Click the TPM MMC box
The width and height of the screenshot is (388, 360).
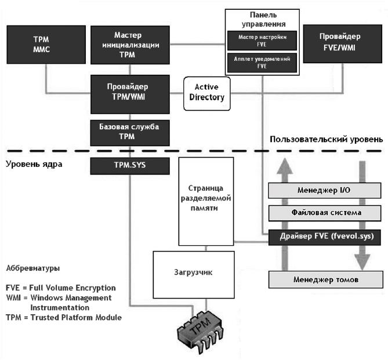click(46, 45)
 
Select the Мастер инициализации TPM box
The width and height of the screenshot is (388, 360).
click(130, 45)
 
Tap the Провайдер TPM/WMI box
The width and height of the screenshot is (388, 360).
click(130, 94)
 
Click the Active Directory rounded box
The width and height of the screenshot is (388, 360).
click(207, 93)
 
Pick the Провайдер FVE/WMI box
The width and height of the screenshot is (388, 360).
click(343, 44)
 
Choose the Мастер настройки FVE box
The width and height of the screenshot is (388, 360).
click(262, 41)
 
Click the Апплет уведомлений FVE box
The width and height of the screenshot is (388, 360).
click(262, 63)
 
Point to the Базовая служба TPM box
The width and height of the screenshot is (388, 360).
click(130, 133)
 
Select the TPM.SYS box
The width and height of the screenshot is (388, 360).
click(130, 166)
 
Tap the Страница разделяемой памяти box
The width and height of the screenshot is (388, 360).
click(206, 201)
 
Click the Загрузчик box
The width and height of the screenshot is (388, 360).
click(194, 275)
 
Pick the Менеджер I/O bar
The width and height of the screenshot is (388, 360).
click(325, 190)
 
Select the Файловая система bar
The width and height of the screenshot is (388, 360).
click(325, 213)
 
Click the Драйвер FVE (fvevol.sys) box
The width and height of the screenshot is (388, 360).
click(325, 237)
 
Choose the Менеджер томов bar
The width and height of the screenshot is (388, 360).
click(326, 279)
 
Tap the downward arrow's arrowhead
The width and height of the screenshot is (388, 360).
click(362, 262)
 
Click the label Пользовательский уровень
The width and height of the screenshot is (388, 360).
click(326, 139)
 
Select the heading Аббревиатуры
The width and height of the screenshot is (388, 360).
click(33, 268)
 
